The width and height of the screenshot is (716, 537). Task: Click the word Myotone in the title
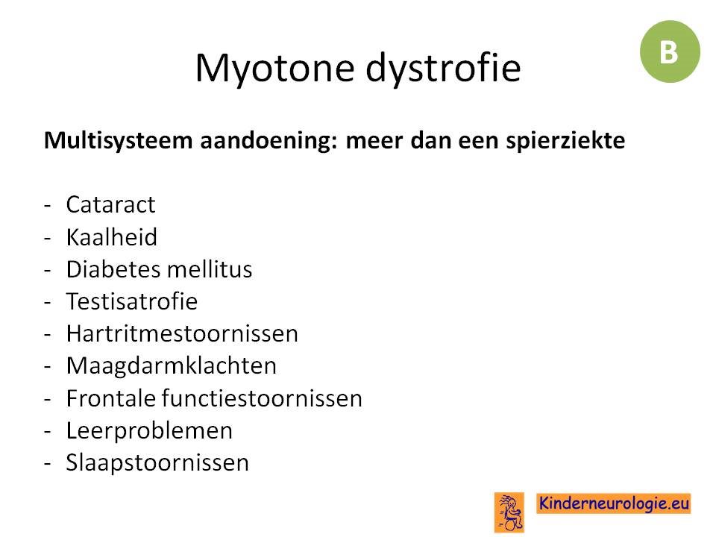point(274,69)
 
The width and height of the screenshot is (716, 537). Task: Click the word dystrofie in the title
point(443,68)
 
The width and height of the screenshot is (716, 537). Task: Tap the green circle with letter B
point(670,51)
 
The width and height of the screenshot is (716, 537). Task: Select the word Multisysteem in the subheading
point(119,141)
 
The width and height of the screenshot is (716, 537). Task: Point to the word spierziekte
point(565,140)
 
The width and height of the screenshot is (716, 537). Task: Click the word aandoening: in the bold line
point(269,141)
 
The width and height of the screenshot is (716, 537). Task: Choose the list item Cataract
point(110,204)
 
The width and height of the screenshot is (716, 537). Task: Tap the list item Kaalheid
point(111,236)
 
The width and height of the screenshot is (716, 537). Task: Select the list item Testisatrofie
point(132,301)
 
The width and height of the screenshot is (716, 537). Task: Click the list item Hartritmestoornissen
point(182,333)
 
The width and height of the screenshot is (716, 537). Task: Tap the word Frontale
point(112,398)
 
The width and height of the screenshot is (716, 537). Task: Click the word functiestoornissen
point(262,398)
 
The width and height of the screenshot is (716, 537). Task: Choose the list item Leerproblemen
point(149,431)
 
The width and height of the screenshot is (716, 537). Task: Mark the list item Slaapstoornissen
point(157,463)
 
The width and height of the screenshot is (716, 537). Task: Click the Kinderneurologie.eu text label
point(613,503)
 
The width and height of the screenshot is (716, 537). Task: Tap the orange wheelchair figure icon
point(509,512)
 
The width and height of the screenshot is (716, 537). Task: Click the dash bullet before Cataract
point(47,206)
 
